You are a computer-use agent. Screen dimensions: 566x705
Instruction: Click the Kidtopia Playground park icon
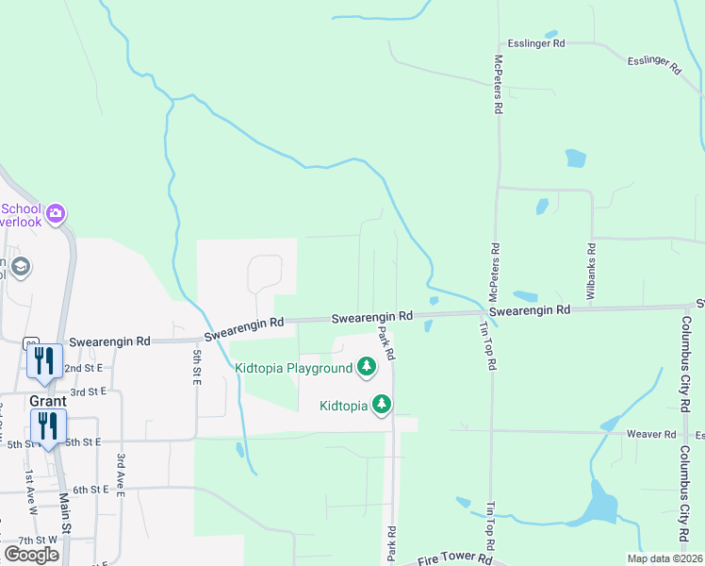tap(366, 368)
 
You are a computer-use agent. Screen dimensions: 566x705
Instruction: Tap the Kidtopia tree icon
tap(382, 405)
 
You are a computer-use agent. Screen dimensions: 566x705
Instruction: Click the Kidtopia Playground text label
tap(293, 368)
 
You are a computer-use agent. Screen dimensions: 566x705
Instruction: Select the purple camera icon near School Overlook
tap(56, 213)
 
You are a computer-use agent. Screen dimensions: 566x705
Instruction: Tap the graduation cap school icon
tap(21, 268)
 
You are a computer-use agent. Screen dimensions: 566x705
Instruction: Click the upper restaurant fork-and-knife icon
tap(45, 359)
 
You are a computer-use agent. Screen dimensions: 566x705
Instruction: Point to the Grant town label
tap(47, 400)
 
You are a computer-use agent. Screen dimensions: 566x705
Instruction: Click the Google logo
tap(31, 555)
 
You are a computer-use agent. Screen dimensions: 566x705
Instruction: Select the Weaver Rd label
tap(651, 435)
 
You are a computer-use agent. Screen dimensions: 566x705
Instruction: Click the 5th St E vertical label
tap(197, 367)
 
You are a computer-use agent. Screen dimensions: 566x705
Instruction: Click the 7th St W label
tap(38, 540)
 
